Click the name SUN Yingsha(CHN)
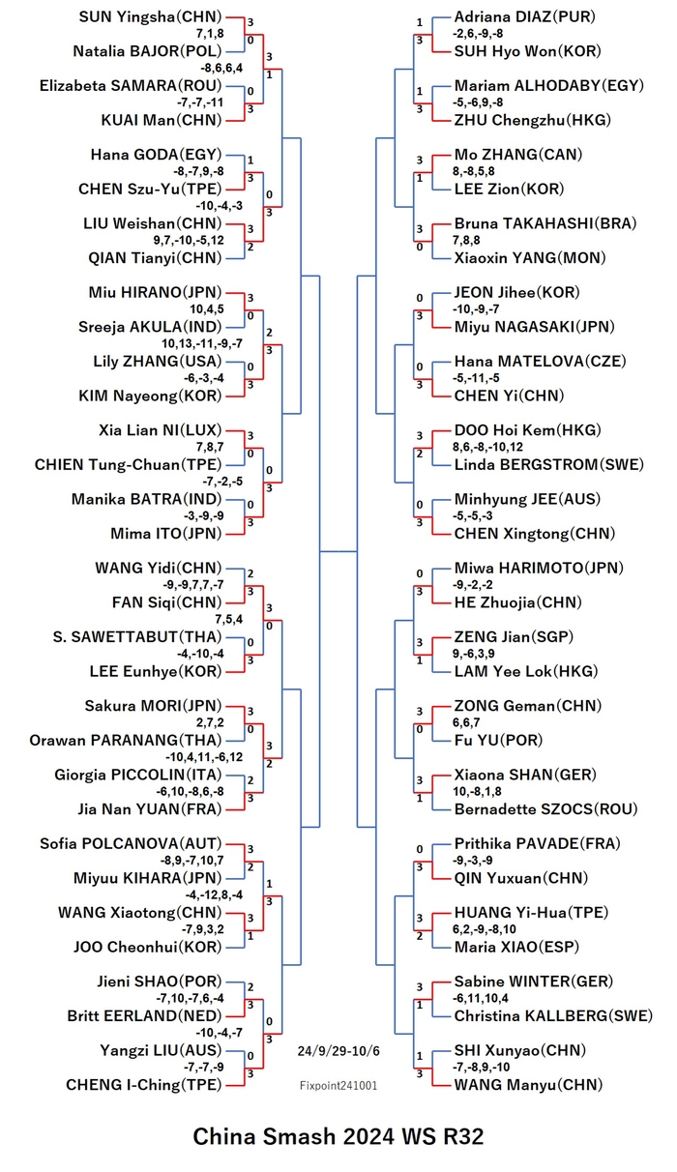pyautogui.click(x=150, y=16)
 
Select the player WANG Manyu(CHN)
pyautogui.click(x=528, y=1085)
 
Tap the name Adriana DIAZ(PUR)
pyautogui.click(x=525, y=16)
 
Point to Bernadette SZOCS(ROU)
pyautogui.click(x=545, y=808)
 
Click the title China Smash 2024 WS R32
pyautogui.click(x=338, y=1136)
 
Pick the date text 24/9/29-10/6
pyautogui.click(x=338, y=1050)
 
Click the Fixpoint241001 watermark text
pyautogui.click(x=338, y=1086)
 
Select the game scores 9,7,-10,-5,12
pyautogui.click(x=189, y=240)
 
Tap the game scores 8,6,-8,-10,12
pyautogui.click(x=487, y=447)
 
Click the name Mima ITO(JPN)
pyautogui.click(x=165, y=534)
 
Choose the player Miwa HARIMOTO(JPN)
pyautogui.click(x=539, y=568)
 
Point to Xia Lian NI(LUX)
pyautogui.click(x=161, y=430)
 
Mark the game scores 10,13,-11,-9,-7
pyautogui.click(x=202, y=343)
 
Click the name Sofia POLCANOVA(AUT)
pyautogui.click(x=131, y=843)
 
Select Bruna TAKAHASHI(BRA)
pyautogui.click(x=545, y=223)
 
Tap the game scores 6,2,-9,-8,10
pyautogui.click(x=484, y=929)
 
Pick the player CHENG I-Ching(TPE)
pyautogui.click(x=144, y=1085)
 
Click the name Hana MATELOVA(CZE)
pyautogui.click(x=540, y=361)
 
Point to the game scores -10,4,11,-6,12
pyautogui.click(x=204, y=757)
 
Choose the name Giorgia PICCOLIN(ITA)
pyautogui.click(x=138, y=775)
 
